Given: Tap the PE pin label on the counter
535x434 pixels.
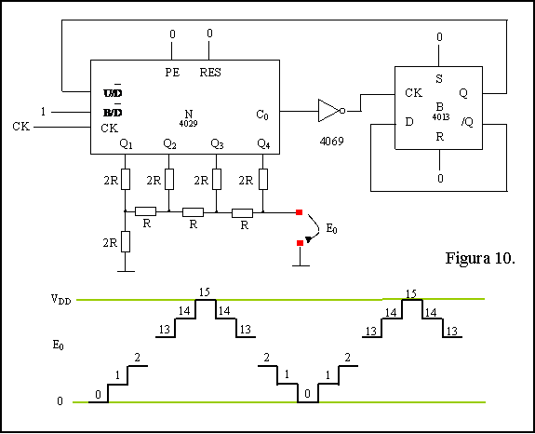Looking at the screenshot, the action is click(172, 73).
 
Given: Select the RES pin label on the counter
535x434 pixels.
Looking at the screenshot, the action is click(210, 73).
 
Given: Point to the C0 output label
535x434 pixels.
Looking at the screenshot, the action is click(262, 115).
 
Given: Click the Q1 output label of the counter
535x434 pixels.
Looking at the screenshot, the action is click(126, 143).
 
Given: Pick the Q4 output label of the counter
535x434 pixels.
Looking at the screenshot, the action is click(263, 143).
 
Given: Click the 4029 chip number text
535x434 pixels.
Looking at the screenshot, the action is click(188, 123).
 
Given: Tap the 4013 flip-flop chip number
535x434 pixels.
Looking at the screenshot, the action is click(441, 116).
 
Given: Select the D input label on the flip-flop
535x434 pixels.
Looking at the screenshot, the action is click(409, 122).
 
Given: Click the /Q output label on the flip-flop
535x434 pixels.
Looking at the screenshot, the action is click(467, 122).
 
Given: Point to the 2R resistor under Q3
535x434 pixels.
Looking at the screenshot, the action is click(216, 179).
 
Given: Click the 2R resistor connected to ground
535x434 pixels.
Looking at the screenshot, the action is click(126, 242).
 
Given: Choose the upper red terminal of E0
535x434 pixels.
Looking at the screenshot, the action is click(300, 212).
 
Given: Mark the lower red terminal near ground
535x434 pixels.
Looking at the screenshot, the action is click(300, 243).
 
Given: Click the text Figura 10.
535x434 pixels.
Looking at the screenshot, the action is click(480, 258).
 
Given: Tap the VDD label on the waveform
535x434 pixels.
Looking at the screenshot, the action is click(61, 300).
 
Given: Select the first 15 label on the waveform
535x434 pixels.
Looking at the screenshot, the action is click(205, 292).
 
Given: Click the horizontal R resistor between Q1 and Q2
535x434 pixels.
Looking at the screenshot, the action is click(146, 211).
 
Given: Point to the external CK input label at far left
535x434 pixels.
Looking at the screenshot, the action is click(20, 127).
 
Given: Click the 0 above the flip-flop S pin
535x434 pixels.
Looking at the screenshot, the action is click(439, 37).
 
